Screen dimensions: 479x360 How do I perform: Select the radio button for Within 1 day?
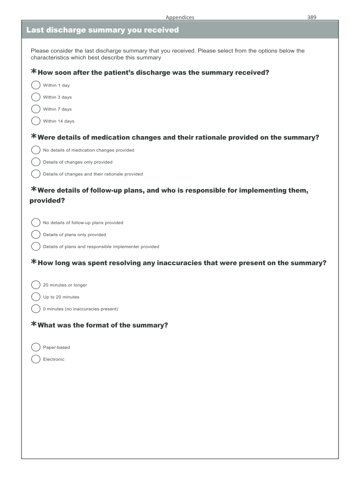point(36,85)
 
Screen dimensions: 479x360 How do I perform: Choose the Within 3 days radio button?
point(36,97)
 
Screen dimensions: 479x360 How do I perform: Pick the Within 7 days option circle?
point(36,109)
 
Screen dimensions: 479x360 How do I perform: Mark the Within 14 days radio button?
point(36,121)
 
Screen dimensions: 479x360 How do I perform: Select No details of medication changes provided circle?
point(36,150)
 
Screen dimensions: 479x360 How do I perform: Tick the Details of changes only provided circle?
point(36,162)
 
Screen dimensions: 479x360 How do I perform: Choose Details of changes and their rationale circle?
point(36,174)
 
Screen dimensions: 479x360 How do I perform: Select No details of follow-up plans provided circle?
point(36,223)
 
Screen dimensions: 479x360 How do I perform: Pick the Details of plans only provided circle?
point(36,234)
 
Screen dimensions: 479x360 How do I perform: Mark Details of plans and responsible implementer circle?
point(36,247)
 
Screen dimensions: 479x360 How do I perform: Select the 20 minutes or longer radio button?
point(36,285)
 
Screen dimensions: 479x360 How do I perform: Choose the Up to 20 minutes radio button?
point(36,297)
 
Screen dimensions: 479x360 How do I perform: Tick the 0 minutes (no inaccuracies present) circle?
point(36,309)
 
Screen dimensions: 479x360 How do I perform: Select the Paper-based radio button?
point(36,347)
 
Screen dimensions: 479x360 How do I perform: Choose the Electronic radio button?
point(36,359)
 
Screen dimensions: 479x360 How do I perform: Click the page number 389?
point(312,17)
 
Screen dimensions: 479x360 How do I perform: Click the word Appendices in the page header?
point(180,17)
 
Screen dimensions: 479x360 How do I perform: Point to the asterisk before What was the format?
point(33,324)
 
